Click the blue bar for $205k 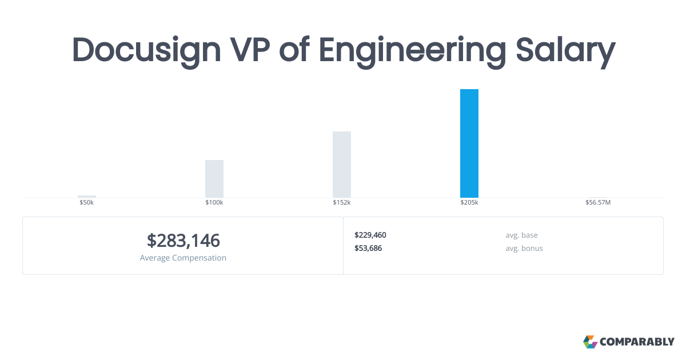[469, 143]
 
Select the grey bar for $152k [342, 165]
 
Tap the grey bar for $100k [214, 179]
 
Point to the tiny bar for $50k [87, 197]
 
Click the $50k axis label [87, 202]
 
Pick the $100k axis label [214, 202]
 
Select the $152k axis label [342, 202]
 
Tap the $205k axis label [469, 202]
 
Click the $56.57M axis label [598, 202]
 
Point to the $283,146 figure [183, 241]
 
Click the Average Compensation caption [183, 258]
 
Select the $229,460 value [370, 235]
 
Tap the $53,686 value [368, 248]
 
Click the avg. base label [521, 235]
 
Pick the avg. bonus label [524, 248]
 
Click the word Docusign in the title [146, 50]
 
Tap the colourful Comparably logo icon [590, 342]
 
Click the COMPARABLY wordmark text [637, 342]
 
